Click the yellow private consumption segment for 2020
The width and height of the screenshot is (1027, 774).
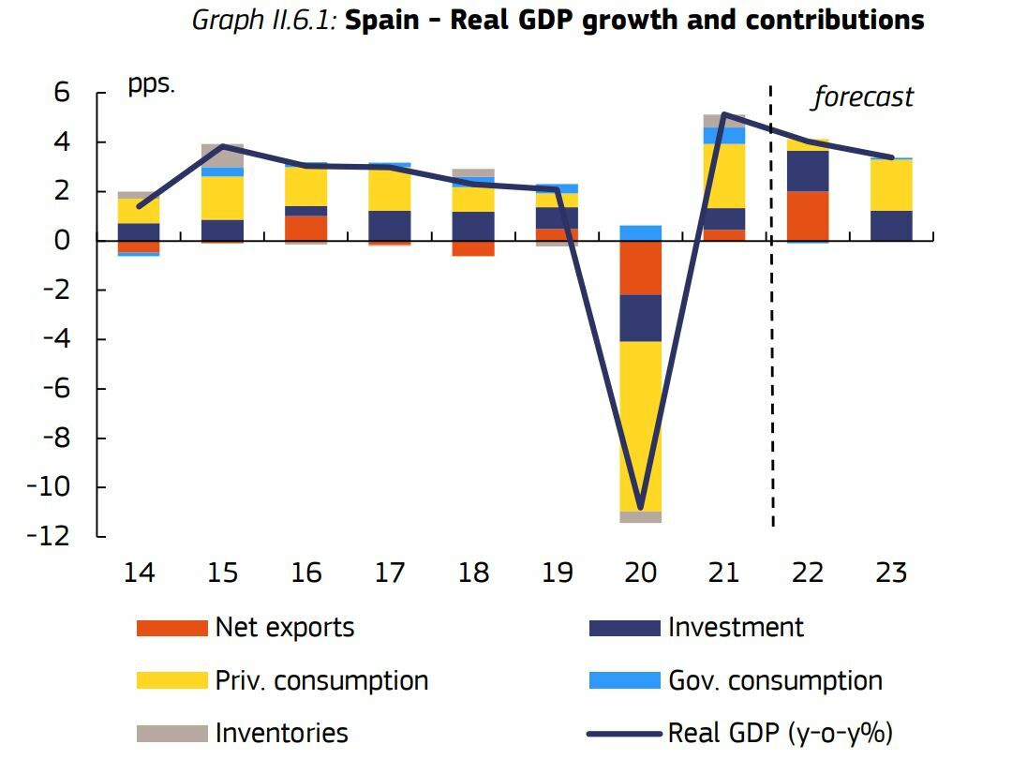tap(641, 426)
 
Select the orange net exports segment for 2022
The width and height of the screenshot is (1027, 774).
tap(808, 216)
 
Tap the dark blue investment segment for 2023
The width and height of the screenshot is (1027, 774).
tap(891, 226)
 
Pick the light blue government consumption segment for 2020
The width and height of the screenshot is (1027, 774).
tap(641, 233)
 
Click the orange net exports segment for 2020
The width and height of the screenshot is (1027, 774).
tap(641, 268)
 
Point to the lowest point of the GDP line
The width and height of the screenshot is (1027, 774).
tap(641, 509)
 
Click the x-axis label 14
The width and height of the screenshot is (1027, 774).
tap(140, 573)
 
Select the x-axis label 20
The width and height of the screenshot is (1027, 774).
tap(641, 573)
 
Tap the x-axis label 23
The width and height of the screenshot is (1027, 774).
tap(891, 573)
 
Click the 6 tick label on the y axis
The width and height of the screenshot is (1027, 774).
tap(62, 93)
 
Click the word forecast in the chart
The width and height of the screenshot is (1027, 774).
tap(862, 97)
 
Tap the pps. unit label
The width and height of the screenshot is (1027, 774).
tap(152, 84)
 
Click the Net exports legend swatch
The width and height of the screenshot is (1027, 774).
tap(171, 628)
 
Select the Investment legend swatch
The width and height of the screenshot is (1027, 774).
tap(624, 628)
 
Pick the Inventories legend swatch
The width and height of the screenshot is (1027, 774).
tap(171, 733)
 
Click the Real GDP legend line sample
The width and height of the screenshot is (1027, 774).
tap(624, 733)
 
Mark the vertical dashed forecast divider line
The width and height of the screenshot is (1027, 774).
tap(771, 309)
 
